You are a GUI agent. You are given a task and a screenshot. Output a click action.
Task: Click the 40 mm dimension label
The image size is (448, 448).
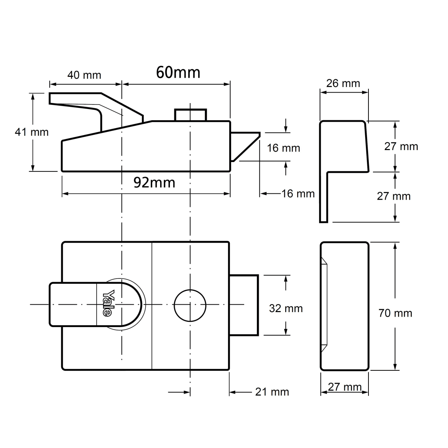(84, 75)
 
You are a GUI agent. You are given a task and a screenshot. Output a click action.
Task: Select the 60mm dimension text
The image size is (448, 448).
(178, 72)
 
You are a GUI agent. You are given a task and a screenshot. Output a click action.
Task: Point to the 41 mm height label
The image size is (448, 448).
(32, 132)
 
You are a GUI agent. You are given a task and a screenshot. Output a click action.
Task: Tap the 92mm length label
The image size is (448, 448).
(154, 183)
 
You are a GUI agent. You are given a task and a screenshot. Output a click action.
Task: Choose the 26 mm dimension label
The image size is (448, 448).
(343, 83)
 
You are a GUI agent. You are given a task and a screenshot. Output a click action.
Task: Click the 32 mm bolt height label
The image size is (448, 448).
(286, 308)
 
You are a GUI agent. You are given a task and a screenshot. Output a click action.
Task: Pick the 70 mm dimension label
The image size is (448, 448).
(395, 313)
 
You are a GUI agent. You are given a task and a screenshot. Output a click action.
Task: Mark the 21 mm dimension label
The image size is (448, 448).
(272, 392)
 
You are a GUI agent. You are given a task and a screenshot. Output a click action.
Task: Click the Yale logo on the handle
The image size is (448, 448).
(107, 303)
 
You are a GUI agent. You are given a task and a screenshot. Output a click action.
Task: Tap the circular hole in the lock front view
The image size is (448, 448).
(190, 305)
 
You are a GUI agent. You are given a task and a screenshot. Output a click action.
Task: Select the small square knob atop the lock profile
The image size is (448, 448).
(190, 115)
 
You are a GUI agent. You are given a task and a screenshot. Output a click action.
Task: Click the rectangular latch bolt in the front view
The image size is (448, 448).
(244, 305)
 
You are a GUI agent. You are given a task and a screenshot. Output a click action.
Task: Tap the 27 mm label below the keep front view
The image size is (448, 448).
(345, 387)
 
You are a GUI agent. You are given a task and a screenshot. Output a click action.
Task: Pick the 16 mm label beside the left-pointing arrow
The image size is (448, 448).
(298, 194)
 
